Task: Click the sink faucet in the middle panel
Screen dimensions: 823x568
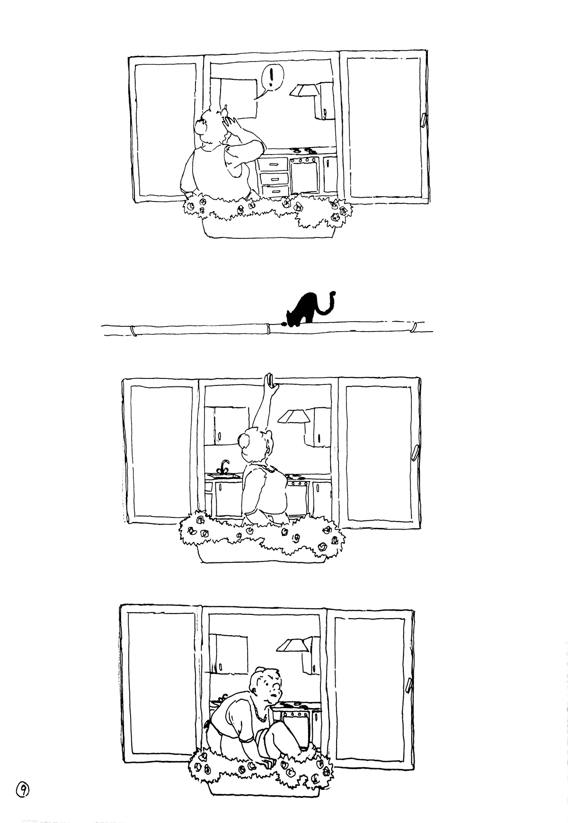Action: [x=224, y=465]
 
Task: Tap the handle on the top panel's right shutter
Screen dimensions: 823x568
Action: [x=423, y=120]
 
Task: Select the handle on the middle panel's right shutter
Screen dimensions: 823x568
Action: [x=415, y=452]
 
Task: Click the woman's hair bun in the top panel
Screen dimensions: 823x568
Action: [x=201, y=125]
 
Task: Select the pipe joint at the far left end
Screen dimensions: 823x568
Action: [x=134, y=330]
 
